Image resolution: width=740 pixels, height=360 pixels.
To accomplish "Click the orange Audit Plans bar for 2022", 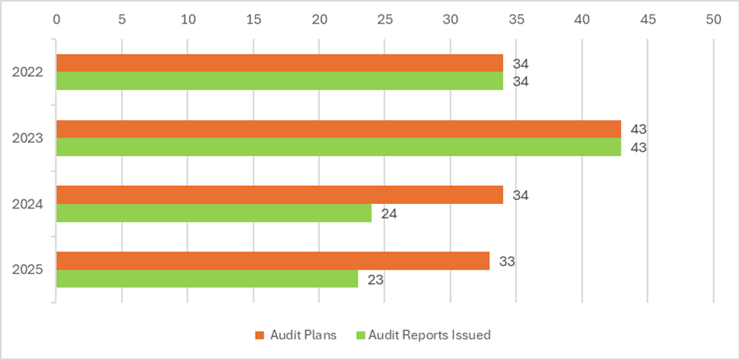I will click(279, 63).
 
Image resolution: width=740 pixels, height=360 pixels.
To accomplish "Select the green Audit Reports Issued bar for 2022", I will click(279, 81).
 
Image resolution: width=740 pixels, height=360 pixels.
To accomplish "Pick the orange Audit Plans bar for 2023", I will click(339, 129).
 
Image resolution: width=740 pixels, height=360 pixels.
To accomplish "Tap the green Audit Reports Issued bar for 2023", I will click(339, 147).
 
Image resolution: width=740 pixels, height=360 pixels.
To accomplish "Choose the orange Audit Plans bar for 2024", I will click(279, 195).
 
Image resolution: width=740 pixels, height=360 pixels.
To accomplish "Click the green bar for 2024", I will click(214, 213).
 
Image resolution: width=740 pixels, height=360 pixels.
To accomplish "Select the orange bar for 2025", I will click(273, 261).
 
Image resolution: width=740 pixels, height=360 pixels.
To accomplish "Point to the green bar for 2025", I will click(207, 279).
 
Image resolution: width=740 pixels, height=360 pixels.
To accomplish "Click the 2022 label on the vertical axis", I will click(27, 73).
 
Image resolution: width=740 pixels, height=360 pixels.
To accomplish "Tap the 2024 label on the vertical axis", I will click(27, 205).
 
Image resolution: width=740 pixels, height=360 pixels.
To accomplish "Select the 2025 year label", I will click(27, 270).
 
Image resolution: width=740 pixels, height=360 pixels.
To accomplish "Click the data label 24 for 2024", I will click(389, 214).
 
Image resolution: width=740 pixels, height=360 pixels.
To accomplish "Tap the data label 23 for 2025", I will click(375, 279).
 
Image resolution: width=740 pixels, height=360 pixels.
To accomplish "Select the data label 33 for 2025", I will click(507, 262).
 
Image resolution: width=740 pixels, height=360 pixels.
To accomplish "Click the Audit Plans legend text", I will click(302, 335).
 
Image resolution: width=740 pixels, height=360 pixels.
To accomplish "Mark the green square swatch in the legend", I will click(362, 335).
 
